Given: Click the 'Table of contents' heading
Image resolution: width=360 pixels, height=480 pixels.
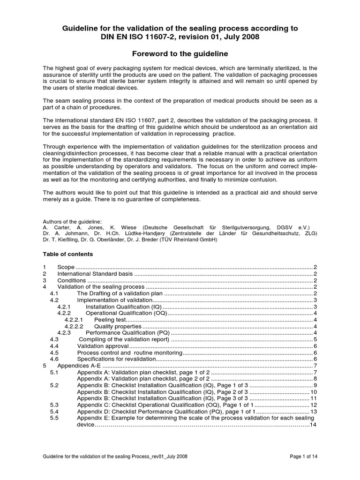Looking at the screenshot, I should coord(68,254).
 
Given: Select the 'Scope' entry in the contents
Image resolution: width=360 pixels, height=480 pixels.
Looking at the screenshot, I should coord(65,267).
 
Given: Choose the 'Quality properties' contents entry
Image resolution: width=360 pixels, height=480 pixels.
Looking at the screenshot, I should coord(118,326).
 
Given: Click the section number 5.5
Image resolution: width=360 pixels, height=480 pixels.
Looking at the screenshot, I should coord(53,418).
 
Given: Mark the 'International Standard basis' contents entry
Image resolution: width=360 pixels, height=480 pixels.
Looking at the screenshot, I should coord(95,274).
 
